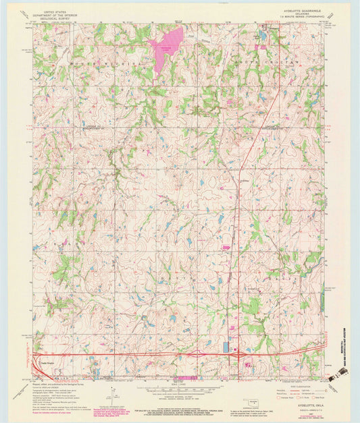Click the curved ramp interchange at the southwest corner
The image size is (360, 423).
pos(40,362)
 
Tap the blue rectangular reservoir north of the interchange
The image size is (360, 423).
pos(225,347)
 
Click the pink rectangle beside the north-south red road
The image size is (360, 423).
pos(225,247)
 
